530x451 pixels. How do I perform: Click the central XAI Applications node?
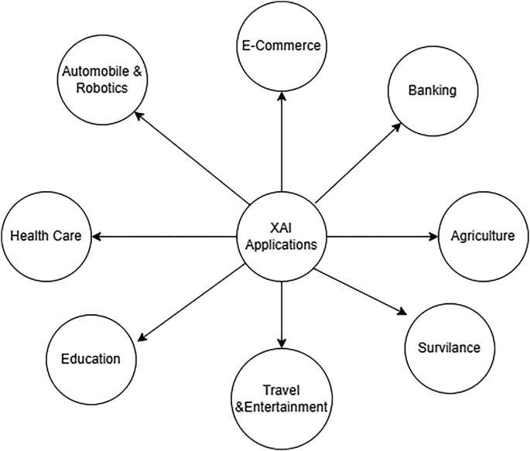tap(281, 236)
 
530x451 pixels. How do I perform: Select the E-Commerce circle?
tap(281, 46)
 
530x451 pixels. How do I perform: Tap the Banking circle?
tap(433, 91)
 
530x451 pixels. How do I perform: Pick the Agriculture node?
tap(482, 236)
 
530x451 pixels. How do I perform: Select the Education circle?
tap(91, 358)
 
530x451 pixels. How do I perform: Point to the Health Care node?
tap(46, 236)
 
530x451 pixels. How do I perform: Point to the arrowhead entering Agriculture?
tap(434, 236)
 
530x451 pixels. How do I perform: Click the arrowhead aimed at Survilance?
tap(400, 311)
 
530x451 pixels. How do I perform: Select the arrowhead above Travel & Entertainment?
tap(281, 342)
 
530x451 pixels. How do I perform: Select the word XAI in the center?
tap(281, 227)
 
